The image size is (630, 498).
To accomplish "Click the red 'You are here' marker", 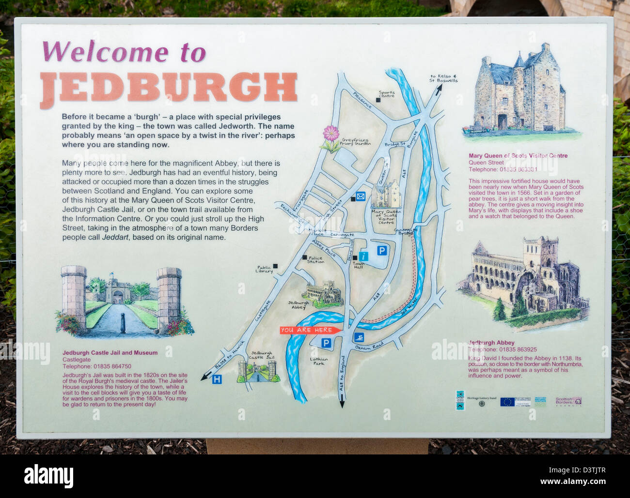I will coord(309,330).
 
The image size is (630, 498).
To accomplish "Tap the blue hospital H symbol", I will coord(217,379).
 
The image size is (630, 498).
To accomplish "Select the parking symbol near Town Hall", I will coord(382,250).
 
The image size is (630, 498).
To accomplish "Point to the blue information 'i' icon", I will coord(363,256).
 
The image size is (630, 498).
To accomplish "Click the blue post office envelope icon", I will coord(361,196).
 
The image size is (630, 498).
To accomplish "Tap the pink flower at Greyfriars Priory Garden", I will coord(331,133).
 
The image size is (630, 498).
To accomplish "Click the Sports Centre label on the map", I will coord(386,94).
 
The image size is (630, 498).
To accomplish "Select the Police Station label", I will coord(315,260).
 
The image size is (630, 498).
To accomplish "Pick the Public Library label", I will coord(264,269).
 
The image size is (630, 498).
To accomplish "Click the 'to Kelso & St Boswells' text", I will coord(443,78).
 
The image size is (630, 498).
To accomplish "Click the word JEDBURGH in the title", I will coord(168,89).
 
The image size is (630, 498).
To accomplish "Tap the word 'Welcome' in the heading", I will coord(105,52).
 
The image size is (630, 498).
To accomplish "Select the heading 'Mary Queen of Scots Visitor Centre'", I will coord(518,156).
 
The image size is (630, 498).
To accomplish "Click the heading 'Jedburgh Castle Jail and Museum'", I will coord(110,353).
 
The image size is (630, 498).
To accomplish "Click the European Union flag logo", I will coord(507,401).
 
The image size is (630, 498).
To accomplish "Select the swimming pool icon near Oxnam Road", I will coord(358,337).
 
